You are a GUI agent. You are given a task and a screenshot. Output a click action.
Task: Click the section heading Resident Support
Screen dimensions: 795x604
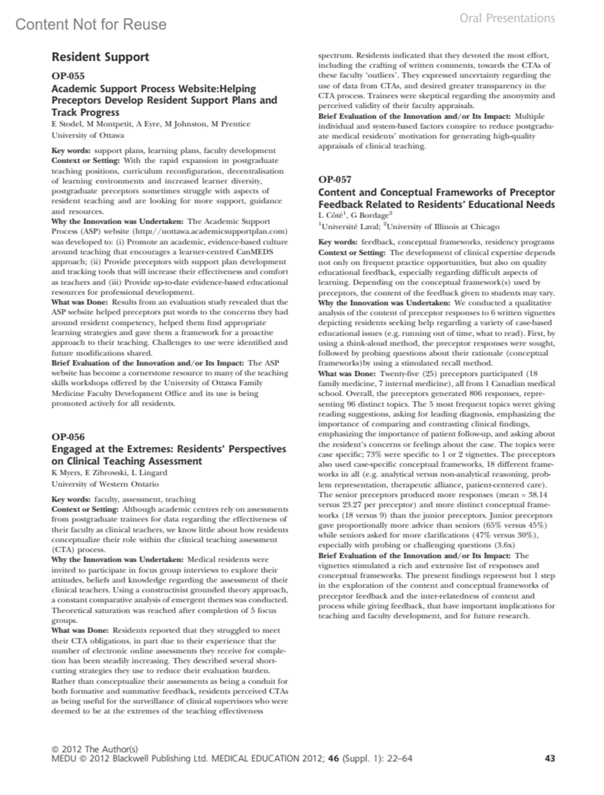tap(101, 57)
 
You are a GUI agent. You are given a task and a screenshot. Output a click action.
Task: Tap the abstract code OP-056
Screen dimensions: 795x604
tap(68, 437)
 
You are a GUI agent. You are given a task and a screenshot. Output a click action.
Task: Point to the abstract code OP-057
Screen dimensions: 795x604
tap(335, 180)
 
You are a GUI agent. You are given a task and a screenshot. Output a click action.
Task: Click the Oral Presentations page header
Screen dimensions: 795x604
tap(507, 19)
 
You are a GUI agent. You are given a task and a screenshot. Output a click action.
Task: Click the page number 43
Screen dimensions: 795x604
tap(550, 758)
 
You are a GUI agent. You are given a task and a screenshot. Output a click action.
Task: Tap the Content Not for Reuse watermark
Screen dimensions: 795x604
tap(91, 24)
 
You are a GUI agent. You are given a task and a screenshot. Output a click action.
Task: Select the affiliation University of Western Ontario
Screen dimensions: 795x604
tap(105, 484)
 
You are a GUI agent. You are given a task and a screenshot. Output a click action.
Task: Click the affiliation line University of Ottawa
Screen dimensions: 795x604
tap(88, 135)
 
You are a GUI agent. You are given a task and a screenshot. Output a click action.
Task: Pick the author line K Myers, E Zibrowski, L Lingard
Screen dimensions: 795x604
tap(110, 473)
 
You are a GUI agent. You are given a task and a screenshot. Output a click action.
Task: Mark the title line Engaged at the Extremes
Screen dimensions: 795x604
tap(169, 449)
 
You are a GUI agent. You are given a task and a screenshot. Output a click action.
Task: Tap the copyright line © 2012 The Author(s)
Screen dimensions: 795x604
tap(95, 749)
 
